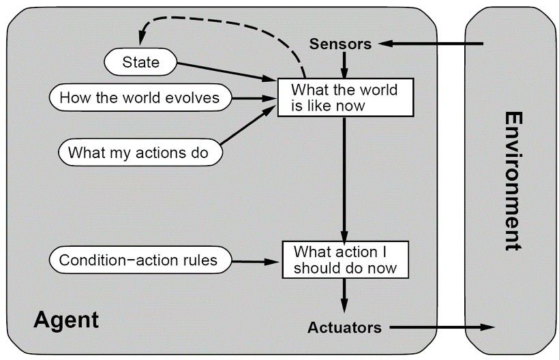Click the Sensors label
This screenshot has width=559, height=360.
point(340,44)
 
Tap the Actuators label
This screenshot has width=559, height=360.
point(344,327)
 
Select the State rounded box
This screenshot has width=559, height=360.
point(140,63)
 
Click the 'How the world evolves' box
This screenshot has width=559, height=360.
point(139,97)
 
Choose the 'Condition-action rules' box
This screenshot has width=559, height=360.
point(138,260)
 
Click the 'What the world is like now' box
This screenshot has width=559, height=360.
point(345,97)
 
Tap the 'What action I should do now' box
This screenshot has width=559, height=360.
point(345,259)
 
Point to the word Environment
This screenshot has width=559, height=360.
point(513,181)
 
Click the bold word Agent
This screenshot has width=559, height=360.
point(65,320)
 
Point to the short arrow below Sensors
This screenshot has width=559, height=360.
point(345,65)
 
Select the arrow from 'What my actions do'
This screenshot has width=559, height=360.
point(249,127)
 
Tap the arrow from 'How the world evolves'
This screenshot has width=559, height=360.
point(252,98)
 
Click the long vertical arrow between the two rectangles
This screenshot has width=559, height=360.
point(345,177)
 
